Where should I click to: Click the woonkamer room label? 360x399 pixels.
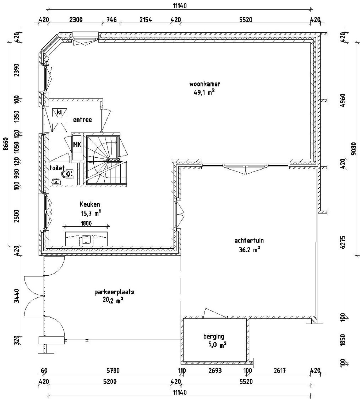click(x=204, y=84)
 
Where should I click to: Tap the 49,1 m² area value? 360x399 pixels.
click(x=204, y=92)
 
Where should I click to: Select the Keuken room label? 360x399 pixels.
click(x=90, y=204)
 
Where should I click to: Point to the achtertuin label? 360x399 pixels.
click(x=249, y=241)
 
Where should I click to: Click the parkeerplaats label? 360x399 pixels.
click(x=114, y=292)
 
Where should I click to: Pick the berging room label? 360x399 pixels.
click(x=214, y=336)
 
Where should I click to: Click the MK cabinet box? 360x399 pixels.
click(x=77, y=145)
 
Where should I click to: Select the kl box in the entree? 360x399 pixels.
click(x=59, y=112)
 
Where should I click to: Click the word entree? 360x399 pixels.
click(x=82, y=120)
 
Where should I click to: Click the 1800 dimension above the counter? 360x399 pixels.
click(x=86, y=224)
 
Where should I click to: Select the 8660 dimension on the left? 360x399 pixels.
click(x=6, y=145)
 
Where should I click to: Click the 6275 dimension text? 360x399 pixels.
click(x=342, y=242)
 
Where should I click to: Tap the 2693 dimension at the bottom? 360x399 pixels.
click(x=215, y=371)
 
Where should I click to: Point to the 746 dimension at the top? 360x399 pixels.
click(x=112, y=20)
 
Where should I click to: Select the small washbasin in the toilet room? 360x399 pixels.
click(x=57, y=182)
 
